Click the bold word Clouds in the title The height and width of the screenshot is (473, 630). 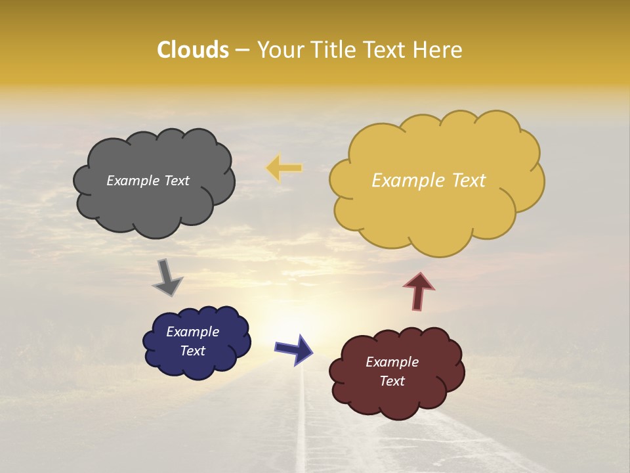coord(192,50)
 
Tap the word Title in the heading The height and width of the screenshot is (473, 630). coord(334,50)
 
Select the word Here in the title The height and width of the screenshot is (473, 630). coord(440,50)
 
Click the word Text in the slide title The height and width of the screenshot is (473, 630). coord(385,50)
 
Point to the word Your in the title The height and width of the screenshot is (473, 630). coord(282,50)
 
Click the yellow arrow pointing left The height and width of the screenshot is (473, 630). coord(284,168)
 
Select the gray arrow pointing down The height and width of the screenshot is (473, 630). coord(167,277)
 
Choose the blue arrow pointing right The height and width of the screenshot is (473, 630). coord(294,349)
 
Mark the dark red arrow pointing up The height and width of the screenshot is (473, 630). coord(419,291)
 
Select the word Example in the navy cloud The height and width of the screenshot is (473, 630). coord(192,332)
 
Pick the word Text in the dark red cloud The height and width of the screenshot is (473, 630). coord(392,381)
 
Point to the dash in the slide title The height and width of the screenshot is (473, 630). coord(242,50)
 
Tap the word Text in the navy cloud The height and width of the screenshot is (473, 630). coord(192,351)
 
